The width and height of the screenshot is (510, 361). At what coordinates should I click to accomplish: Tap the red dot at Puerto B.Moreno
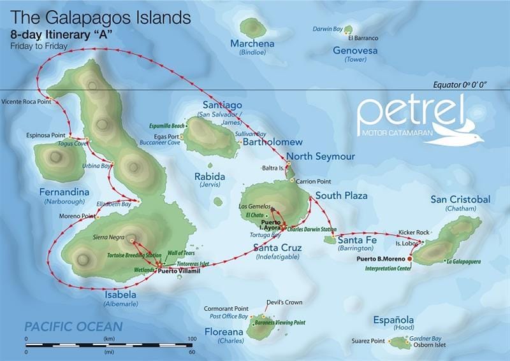pos(410,259)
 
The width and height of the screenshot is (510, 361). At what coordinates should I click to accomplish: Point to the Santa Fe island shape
pos(330,240)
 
